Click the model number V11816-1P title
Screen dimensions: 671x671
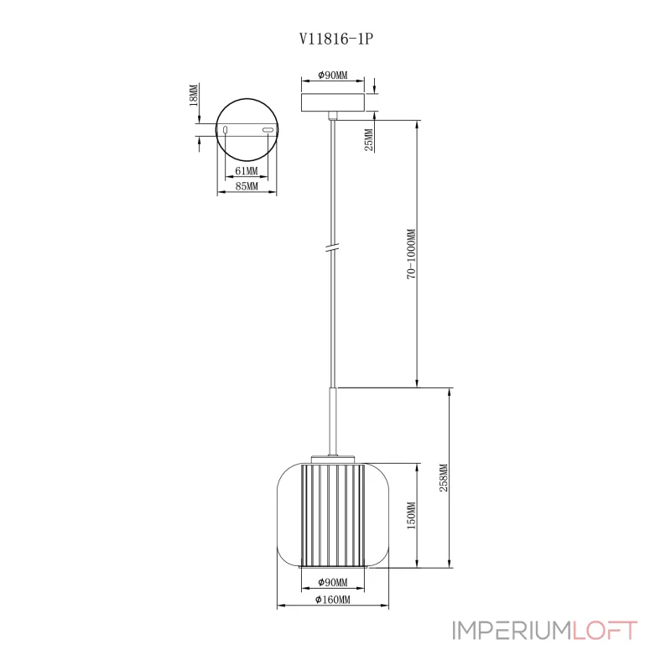336,39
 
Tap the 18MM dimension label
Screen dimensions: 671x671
194,95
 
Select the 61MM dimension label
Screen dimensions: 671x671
247,171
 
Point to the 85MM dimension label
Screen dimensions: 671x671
247,186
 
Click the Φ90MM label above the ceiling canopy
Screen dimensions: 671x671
333,75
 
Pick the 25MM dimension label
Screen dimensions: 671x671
369,139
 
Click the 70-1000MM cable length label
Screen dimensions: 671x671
411,254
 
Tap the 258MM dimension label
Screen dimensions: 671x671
444,477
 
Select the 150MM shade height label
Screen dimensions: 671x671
411,515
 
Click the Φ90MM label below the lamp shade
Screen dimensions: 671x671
333,582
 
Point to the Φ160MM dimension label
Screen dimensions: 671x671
333,600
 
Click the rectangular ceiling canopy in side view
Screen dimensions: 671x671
333,102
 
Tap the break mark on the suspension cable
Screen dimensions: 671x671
332,247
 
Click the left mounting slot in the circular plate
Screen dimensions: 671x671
225,130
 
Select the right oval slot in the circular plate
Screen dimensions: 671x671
268,130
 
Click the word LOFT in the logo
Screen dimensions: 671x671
605,631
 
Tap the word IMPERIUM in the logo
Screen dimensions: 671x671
512,631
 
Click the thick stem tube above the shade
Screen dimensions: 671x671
332,422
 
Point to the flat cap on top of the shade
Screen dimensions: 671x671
333,459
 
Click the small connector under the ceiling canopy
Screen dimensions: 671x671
332,116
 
